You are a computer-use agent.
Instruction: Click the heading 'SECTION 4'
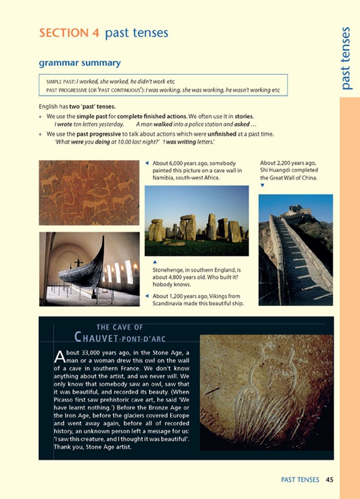[x=69, y=33]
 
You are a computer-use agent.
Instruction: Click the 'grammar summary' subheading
[x=79, y=63]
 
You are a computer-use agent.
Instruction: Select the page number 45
[x=330, y=479]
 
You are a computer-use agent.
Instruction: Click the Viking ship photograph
[x=89, y=269]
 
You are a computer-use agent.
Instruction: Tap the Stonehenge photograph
[x=197, y=221]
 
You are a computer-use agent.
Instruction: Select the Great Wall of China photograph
[x=295, y=249]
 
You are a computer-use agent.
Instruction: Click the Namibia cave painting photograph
[x=89, y=192]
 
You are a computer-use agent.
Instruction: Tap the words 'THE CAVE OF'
[x=119, y=327]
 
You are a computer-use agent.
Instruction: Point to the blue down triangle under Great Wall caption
[x=263, y=185]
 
